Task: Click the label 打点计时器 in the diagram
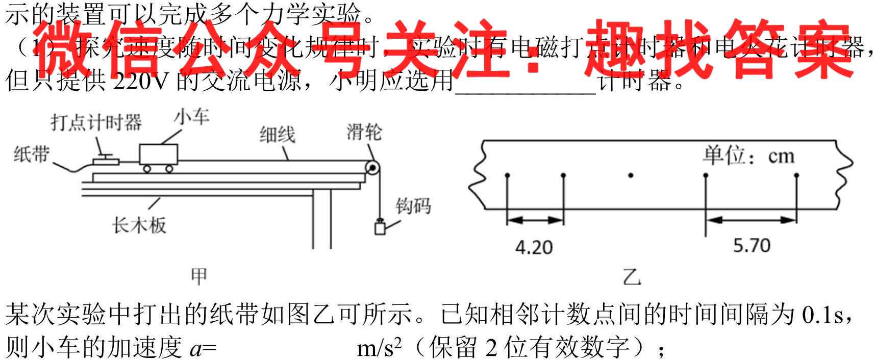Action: [x=96, y=123]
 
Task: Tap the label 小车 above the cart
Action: [x=191, y=117]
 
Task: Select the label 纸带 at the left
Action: [x=31, y=153]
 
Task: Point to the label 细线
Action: [x=277, y=135]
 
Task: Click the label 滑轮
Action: [x=364, y=132]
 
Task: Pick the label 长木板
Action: [x=139, y=224]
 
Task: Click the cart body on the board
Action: [x=159, y=154]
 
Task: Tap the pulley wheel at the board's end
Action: [x=373, y=168]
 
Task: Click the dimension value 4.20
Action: [x=534, y=248]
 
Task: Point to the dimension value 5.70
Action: [x=752, y=246]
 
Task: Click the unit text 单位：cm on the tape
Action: [x=748, y=156]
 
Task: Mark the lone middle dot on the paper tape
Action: [x=631, y=175]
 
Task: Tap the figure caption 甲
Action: [x=198, y=276]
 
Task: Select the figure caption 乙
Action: [x=631, y=277]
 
